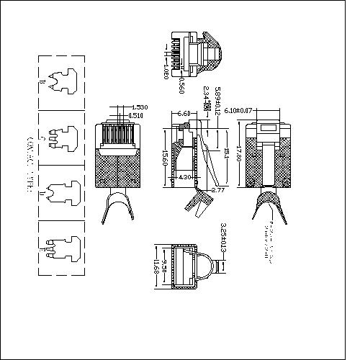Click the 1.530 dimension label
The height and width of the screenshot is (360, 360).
140,108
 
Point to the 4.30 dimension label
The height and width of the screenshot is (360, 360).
184,176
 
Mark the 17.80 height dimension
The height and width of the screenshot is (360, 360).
238,155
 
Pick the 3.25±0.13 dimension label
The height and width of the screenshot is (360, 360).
226,246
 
